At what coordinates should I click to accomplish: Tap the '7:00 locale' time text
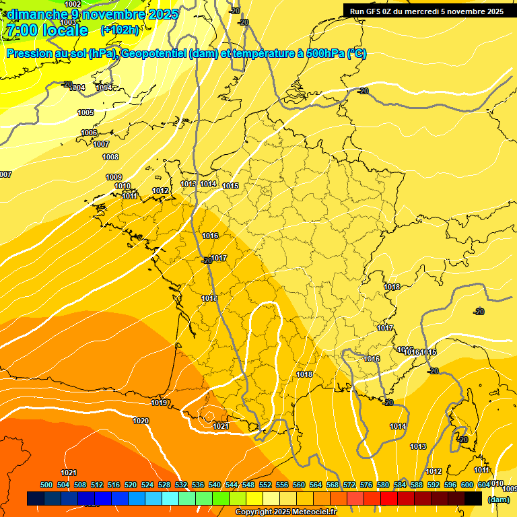pos(46,30)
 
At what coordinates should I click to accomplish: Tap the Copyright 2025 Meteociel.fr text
pos(286,512)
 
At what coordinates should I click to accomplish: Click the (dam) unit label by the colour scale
pos(498,499)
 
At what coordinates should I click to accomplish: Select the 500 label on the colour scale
pos(46,485)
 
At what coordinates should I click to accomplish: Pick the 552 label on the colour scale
pos(265,485)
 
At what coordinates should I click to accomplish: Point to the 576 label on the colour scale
pos(366,485)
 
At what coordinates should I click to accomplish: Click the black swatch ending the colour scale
pos(473,499)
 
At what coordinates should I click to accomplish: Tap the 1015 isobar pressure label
pos(231,186)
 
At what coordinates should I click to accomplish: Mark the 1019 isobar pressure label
pos(159,403)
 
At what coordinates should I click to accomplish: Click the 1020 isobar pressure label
pos(141,421)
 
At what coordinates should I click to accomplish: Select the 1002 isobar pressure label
pos(73,4)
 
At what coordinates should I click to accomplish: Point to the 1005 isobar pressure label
pos(85,112)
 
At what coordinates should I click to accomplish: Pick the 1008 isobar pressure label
pos(110,157)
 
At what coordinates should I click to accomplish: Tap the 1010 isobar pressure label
pos(123,186)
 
